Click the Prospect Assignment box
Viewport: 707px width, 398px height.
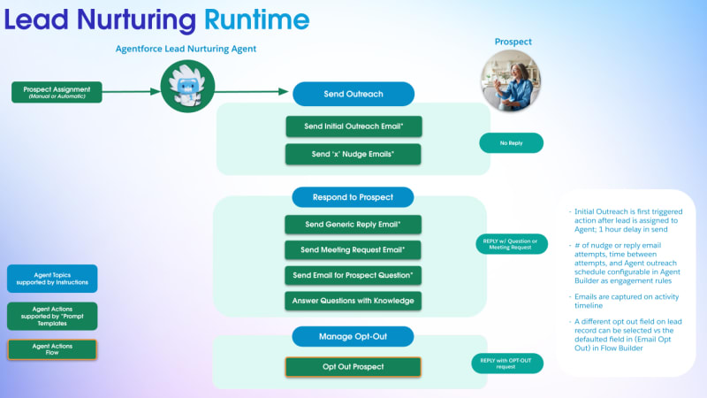(57, 91)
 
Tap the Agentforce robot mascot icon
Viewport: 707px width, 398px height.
(186, 87)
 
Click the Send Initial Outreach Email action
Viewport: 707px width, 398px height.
(353, 126)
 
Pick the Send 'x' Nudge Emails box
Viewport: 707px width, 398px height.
(353, 154)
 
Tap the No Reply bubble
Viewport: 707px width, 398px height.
(511, 142)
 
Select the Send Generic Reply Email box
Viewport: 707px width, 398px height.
(353, 225)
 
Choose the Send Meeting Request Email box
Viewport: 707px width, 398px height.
(353, 250)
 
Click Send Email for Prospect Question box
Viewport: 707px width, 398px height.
(353, 275)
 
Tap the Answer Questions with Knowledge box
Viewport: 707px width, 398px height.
(353, 301)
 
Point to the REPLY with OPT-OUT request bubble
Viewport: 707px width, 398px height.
(506, 363)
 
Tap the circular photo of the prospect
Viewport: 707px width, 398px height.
(513, 80)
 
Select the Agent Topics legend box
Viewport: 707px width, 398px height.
(52, 279)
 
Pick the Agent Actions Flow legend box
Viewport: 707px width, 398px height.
(52, 349)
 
